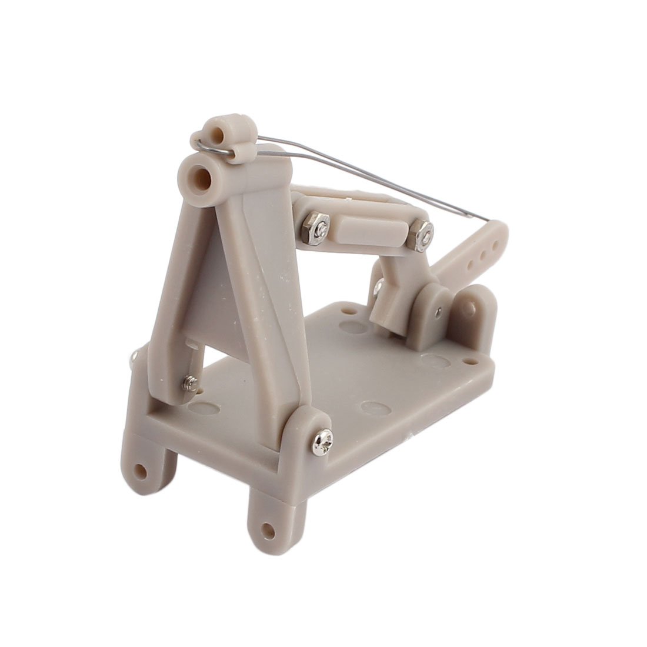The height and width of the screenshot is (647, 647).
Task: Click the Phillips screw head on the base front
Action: click(x=323, y=437)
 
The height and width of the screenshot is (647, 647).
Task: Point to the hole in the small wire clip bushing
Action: click(x=222, y=134)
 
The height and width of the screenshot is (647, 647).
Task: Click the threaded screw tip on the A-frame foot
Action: click(x=189, y=383)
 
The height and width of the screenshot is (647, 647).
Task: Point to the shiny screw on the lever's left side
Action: click(x=378, y=287)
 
